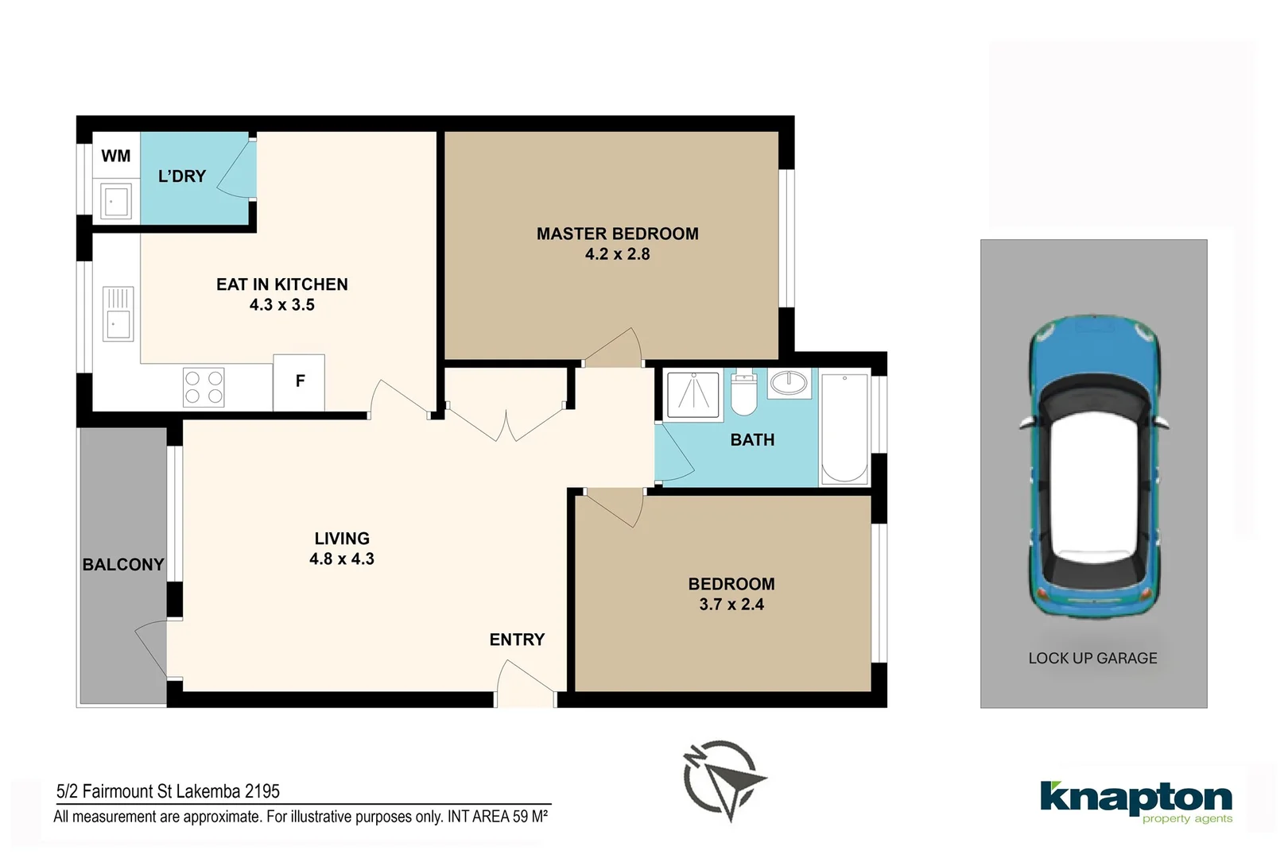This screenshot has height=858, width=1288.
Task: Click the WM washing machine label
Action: pyautogui.click(x=116, y=157)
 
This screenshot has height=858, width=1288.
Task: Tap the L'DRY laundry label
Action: pyautogui.click(x=182, y=176)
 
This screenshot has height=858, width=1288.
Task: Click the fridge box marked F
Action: pyautogui.click(x=299, y=382)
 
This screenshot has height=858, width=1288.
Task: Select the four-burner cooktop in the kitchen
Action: pyautogui.click(x=204, y=388)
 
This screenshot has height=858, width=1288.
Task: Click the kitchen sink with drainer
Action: pyautogui.click(x=118, y=314)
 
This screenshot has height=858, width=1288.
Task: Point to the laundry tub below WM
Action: pyautogui.click(x=115, y=201)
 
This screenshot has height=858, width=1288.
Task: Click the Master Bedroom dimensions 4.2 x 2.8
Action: pyautogui.click(x=617, y=254)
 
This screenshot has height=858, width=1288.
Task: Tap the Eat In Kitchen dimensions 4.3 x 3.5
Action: pyautogui.click(x=281, y=305)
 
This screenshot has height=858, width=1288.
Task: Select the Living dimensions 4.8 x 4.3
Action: pyautogui.click(x=342, y=559)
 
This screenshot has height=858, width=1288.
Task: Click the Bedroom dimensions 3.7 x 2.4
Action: pyautogui.click(x=731, y=605)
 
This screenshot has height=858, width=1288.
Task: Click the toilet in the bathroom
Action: pyautogui.click(x=743, y=393)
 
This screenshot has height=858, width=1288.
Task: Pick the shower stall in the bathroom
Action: pyautogui.click(x=692, y=394)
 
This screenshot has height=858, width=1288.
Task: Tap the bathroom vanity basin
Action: pyautogui.click(x=789, y=384)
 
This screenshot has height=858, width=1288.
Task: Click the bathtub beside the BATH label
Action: pyautogui.click(x=844, y=429)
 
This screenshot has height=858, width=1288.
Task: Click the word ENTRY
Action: pyautogui.click(x=517, y=640)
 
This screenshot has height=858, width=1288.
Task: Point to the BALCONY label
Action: pyautogui.click(x=123, y=565)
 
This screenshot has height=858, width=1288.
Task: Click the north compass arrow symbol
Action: pyautogui.click(x=724, y=780)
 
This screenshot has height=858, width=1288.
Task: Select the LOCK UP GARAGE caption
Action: pyautogui.click(x=1092, y=659)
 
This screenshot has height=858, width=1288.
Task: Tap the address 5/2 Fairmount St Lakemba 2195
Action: pyautogui.click(x=168, y=791)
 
